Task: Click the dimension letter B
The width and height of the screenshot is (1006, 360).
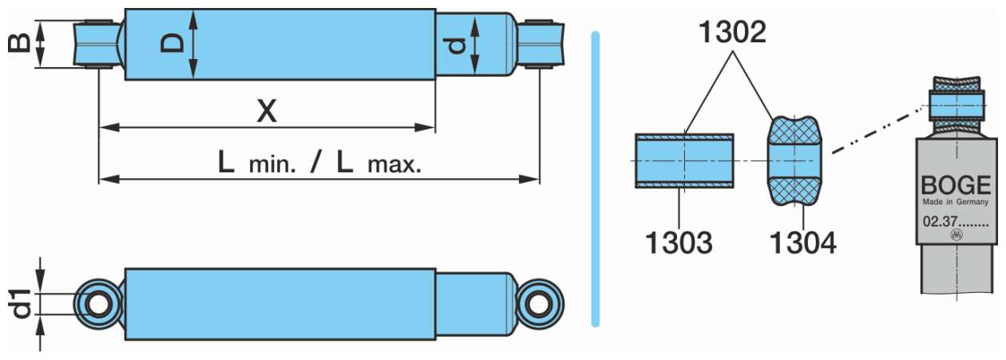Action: [x=19, y=44]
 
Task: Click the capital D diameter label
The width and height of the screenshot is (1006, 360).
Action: [x=173, y=44]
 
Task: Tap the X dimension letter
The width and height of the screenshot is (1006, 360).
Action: [x=267, y=111]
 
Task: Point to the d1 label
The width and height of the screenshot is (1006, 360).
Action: [x=21, y=304]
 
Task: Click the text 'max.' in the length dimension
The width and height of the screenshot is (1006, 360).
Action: [x=394, y=165]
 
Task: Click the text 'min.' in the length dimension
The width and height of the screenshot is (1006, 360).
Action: [x=272, y=165]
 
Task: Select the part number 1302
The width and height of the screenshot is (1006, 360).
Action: [x=732, y=32]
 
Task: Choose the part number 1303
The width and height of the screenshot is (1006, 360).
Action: [x=679, y=243]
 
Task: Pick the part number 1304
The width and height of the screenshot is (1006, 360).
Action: [x=803, y=243]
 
